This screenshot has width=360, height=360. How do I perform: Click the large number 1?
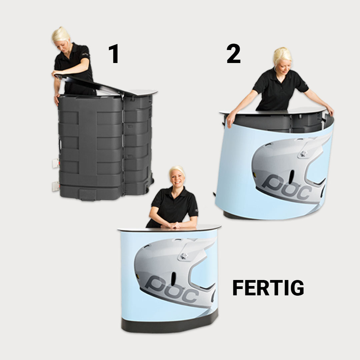coord(114,54)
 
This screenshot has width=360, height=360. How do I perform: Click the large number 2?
coord(233,53)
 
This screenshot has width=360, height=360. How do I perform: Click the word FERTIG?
coord(268,288)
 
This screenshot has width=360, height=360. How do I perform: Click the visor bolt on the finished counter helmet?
coord(184,256)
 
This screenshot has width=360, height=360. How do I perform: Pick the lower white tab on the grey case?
coord(56,186)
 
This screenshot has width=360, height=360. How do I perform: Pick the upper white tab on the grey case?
coord(56,163)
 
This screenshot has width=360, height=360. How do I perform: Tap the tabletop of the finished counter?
coord(169,228)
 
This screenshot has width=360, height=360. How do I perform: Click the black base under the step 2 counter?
coord(232,215)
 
